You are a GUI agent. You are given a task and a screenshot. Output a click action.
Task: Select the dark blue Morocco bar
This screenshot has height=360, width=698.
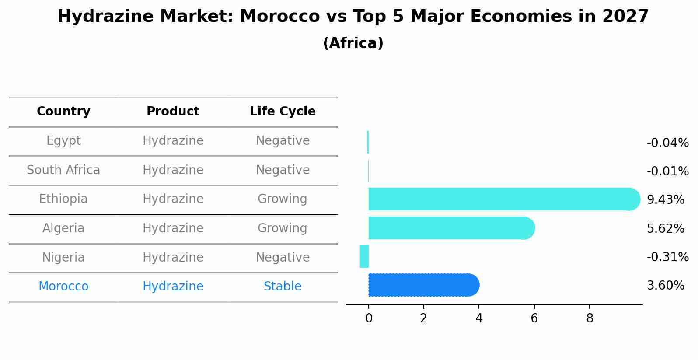[423, 285]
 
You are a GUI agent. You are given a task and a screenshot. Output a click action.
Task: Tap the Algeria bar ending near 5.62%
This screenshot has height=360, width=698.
[450, 228]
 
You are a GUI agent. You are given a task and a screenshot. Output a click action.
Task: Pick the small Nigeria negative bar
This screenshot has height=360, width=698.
[364, 256]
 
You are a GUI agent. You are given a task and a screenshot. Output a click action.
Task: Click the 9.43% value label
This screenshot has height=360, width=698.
[665, 200]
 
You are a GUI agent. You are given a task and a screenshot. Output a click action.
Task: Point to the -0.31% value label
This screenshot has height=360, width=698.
[667, 257]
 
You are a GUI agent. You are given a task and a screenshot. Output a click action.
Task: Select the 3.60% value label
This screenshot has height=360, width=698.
[665, 286]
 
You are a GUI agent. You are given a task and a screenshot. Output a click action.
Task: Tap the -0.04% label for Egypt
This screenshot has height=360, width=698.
[667, 143]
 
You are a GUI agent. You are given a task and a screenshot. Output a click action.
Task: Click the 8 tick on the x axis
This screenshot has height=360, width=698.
[590, 318]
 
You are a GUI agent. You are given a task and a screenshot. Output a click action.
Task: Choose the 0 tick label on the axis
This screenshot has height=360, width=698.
[369, 318]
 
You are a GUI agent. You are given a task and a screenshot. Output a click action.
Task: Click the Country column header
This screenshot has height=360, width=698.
[63, 112]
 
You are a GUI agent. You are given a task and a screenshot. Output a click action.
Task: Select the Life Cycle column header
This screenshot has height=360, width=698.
[283, 112]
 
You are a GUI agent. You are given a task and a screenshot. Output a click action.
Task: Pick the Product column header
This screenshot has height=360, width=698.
[173, 112]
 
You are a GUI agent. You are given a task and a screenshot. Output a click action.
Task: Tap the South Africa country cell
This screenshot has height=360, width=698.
[63, 170]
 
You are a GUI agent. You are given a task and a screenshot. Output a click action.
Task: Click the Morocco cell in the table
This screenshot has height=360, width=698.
[63, 287]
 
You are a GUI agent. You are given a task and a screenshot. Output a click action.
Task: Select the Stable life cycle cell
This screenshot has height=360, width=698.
[283, 287]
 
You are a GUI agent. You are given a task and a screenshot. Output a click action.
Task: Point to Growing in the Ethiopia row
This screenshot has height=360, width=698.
[283, 199]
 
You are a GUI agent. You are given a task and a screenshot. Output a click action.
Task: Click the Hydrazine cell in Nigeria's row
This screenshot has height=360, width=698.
[173, 258]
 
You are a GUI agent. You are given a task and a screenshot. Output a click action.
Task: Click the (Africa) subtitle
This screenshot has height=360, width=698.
[353, 43]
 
